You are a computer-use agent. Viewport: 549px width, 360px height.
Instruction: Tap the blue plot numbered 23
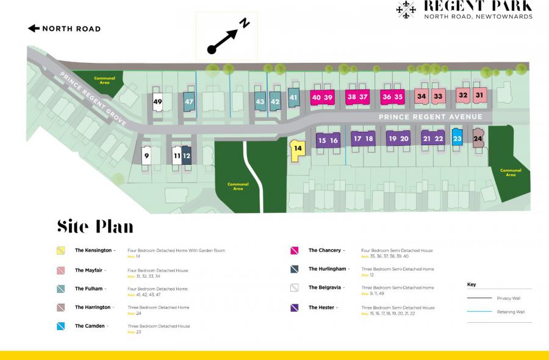click(457, 139)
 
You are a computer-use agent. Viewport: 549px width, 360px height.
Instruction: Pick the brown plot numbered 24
click(478, 139)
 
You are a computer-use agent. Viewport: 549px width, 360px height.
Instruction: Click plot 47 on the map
click(189, 102)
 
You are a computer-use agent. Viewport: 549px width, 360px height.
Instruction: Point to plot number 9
click(146, 156)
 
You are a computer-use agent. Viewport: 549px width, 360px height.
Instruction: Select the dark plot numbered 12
click(187, 156)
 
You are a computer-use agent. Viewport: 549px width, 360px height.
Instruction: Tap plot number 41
click(293, 98)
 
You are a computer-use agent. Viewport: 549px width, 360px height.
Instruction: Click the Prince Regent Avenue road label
click(430, 117)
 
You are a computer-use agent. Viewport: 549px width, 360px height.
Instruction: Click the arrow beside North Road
click(34, 28)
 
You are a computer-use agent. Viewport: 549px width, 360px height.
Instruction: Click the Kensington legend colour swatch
click(61, 251)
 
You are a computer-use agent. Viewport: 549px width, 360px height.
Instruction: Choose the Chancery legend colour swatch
click(295, 251)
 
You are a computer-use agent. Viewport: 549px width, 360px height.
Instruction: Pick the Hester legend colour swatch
click(295, 308)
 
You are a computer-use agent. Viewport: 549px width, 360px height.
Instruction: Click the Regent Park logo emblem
click(406, 9)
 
